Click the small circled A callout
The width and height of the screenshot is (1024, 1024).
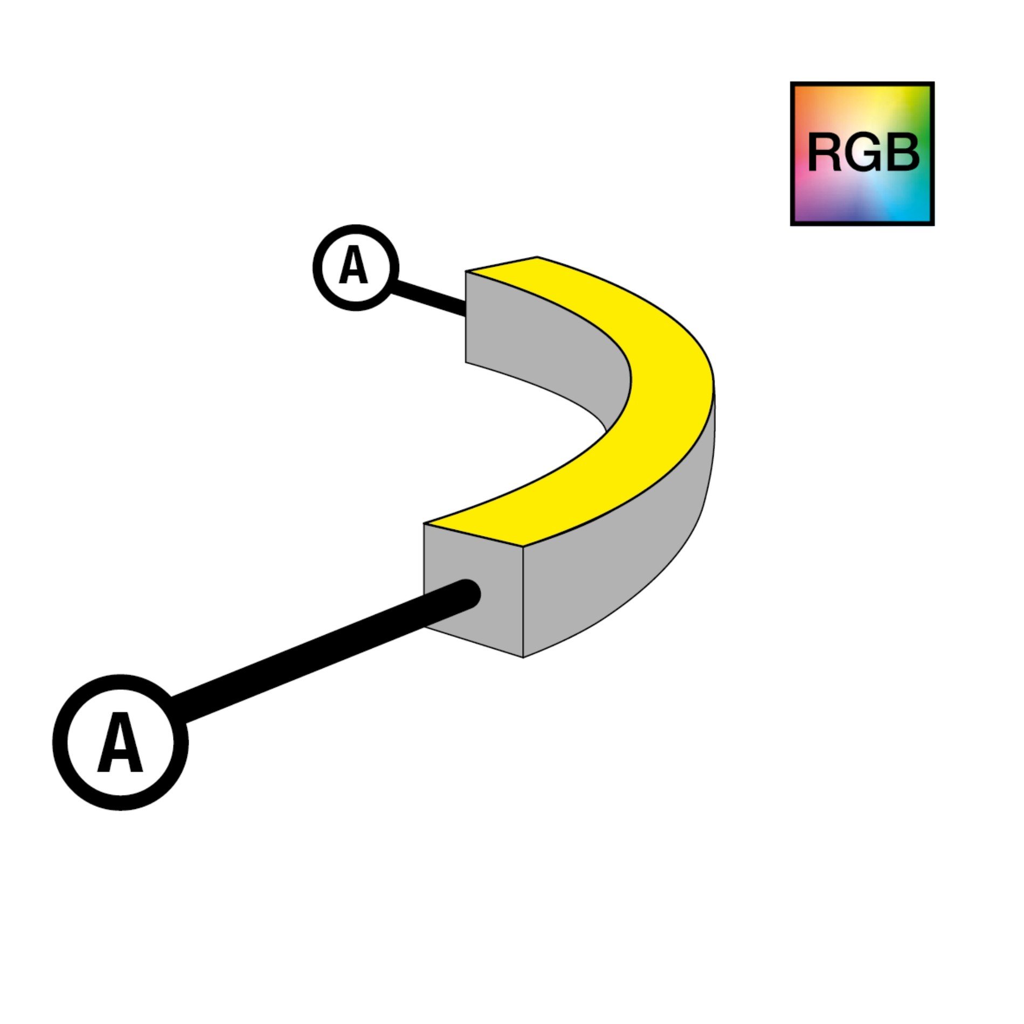coord(356,267)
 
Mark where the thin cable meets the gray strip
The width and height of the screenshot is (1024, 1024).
coord(465,312)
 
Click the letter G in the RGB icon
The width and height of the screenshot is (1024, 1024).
coord(865,153)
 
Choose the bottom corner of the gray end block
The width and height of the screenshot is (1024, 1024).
coord(523,656)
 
